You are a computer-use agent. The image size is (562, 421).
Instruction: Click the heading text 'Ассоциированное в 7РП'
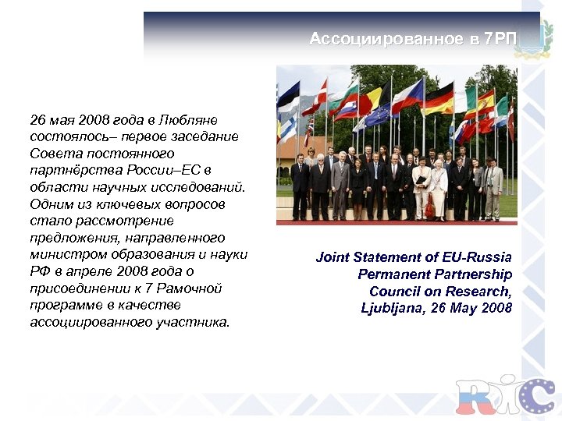point(413,40)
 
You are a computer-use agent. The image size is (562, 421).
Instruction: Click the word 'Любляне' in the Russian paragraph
point(192,121)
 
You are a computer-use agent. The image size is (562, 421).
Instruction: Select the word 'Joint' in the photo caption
point(333,256)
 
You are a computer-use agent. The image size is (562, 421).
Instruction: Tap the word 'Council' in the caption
point(395,291)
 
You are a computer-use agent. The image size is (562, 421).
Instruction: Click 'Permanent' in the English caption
point(392,274)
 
